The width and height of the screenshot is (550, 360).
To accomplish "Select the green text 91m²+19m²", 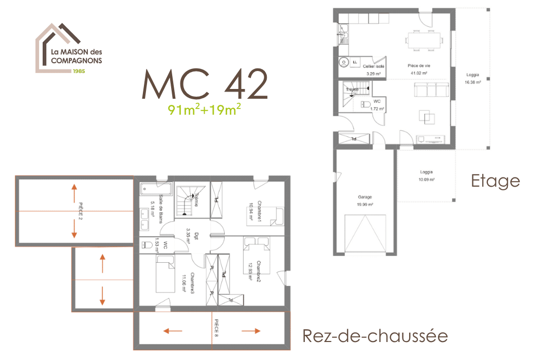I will click(205, 110).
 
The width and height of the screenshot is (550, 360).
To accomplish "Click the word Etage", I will click(495, 181).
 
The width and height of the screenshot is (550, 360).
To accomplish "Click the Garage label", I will click(365, 197).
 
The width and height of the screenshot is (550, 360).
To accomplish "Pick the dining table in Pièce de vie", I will click(424, 39).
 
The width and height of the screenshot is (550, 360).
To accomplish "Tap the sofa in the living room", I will click(431, 91).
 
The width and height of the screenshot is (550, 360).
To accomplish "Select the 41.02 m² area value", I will click(419, 73).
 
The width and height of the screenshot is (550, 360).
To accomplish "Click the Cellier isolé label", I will click(374, 66).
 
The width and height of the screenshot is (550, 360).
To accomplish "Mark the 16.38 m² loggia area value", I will click(472, 82).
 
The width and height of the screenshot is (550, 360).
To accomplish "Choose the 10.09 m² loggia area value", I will click(426, 179).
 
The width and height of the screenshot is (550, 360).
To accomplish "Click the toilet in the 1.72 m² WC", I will click(366, 104).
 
